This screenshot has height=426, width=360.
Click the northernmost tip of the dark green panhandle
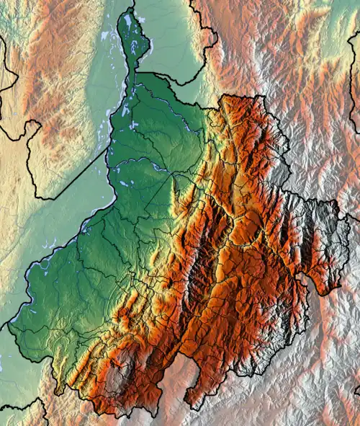[130, 9]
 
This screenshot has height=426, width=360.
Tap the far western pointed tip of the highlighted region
[9, 329]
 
